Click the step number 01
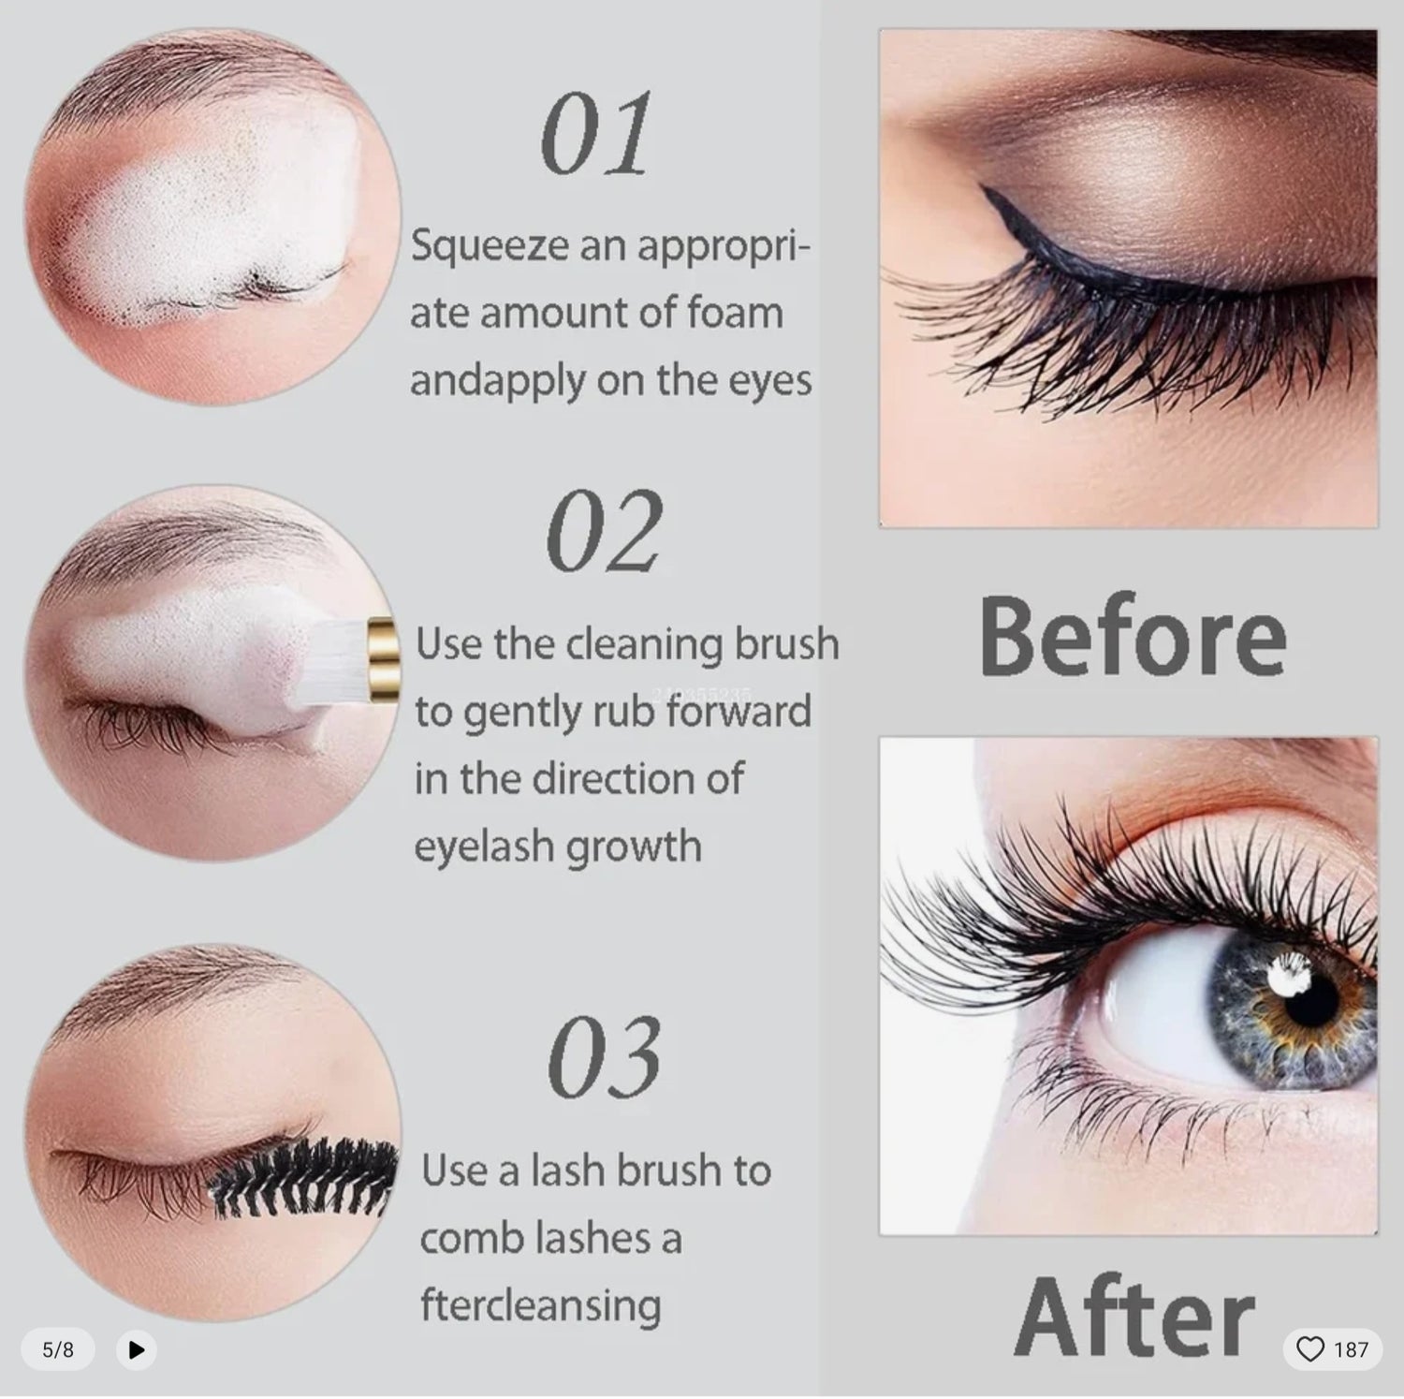[x=596, y=135]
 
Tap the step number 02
[x=604, y=533]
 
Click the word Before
[x=1133, y=637]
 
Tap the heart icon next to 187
[x=1310, y=1349]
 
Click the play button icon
[x=137, y=1349]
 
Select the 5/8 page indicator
[x=58, y=1349]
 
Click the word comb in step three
[x=471, y=1239]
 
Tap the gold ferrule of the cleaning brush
[x=383, y=652]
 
